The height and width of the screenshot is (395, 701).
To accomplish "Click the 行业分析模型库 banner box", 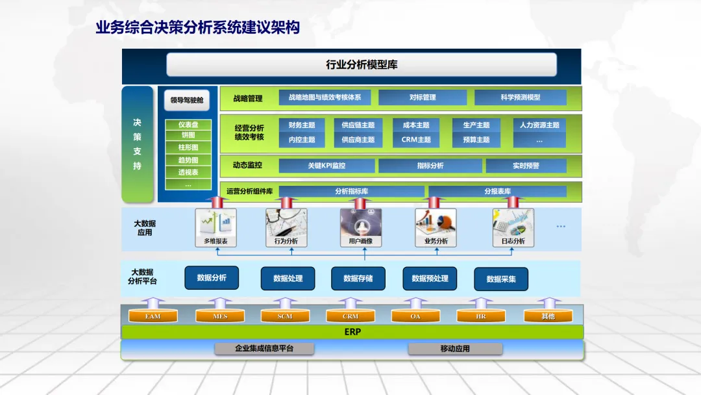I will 362,65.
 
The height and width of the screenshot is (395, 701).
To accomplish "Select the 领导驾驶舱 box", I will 187,100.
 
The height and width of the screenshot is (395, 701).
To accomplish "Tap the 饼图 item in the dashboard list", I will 188,136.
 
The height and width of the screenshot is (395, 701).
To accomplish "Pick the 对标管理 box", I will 423,97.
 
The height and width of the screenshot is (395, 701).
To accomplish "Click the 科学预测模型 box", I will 520,97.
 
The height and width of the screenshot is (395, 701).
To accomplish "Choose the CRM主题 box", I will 416,140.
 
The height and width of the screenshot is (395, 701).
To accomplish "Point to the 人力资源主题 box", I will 539,125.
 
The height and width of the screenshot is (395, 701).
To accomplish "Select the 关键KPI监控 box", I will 326,166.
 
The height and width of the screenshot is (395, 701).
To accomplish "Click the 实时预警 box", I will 526,166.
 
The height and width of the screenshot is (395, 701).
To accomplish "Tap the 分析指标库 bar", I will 352,192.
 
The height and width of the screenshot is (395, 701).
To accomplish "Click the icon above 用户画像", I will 361,222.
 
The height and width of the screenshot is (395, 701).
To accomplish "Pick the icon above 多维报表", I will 216,222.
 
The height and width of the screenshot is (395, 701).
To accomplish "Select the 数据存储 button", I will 358,279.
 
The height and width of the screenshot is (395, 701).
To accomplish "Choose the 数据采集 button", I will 501,279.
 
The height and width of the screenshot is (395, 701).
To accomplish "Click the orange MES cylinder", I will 220,316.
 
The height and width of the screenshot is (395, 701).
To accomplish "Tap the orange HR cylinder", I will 481,316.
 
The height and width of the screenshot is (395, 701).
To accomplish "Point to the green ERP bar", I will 352,332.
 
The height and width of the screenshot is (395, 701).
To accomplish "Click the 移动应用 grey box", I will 455,349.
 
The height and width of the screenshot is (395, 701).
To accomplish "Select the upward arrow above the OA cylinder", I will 415,303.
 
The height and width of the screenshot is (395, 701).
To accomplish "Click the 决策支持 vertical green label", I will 138,144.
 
